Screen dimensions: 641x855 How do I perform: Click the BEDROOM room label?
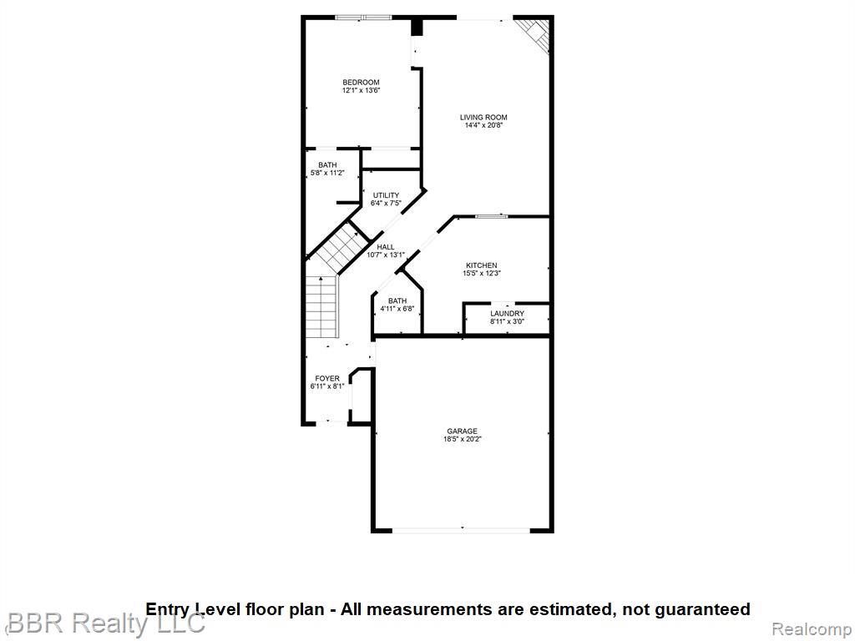click(361, 82)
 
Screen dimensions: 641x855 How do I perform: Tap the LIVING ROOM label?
click(483, 117)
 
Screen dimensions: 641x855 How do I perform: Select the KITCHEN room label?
click(481, 265)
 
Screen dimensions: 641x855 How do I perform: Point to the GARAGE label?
click(462, 431)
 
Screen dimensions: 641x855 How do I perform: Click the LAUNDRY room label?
click(507, 313)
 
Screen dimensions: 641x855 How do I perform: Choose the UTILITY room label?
click(386, 195)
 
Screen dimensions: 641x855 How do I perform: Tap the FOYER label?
click(327, 378)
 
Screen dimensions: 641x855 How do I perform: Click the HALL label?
click(386, 247)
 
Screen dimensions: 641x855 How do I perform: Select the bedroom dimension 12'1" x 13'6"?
click(361, 90)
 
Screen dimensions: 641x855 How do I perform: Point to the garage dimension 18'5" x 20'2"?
click(463, 439)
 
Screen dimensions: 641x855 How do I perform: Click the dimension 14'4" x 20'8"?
click(483, 125)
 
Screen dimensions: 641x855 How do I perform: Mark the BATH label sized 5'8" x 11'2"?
click(327, 165)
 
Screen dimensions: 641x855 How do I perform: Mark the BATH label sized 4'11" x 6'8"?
click(397, 300)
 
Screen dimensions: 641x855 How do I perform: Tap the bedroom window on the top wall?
click(363, 17)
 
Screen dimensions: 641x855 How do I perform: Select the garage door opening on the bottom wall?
click(461, 529)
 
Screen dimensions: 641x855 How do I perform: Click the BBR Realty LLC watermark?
click(104, 623)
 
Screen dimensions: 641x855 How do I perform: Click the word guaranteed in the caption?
click(696, 609)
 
